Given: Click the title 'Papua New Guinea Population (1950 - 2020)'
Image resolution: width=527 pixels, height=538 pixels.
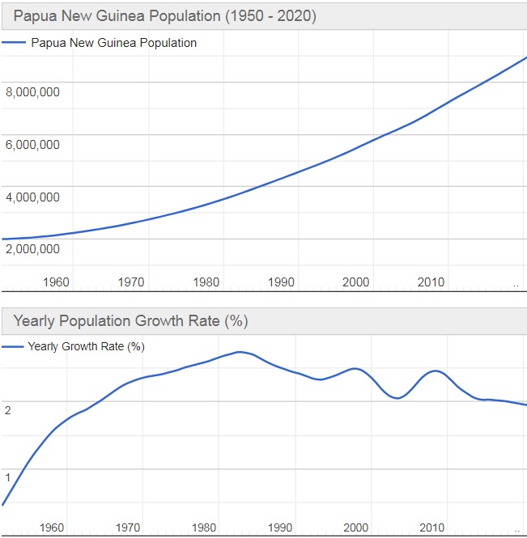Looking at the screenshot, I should (164, 15).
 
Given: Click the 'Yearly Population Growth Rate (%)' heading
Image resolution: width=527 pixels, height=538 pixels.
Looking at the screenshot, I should (130, 321).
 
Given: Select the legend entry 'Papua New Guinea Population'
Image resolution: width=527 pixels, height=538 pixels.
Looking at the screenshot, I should (113, 43).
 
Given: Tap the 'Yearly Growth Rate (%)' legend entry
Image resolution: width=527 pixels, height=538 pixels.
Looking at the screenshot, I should (86, 346).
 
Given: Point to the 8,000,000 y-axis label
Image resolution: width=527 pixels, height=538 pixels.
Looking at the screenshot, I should (32, 92).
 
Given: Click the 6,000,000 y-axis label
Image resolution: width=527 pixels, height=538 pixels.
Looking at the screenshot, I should (32, 145).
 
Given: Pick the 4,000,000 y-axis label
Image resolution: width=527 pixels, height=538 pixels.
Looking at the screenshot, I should (32, 197).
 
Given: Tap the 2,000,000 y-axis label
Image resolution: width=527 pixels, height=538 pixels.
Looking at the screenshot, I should (32, 249).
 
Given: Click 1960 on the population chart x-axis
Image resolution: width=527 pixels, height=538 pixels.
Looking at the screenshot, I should (57, 282).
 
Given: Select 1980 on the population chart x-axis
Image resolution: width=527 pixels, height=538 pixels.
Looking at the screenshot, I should (206, 282).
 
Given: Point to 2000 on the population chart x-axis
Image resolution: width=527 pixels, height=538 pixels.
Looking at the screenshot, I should (356, 282).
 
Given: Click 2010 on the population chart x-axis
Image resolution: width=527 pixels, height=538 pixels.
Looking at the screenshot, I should (431, 282).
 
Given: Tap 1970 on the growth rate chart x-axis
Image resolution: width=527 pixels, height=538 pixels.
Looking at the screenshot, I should (128, 527).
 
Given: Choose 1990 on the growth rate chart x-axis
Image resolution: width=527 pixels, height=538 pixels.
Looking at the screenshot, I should (280, 527).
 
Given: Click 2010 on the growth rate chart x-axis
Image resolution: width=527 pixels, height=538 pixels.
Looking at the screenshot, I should (431, 527).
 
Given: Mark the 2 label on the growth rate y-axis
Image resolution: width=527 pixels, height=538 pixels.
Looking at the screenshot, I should (8, 410).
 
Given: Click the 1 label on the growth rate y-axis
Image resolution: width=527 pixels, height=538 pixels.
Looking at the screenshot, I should (8, 477).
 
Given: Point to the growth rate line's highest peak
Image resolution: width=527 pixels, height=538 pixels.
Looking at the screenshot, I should (239, 352).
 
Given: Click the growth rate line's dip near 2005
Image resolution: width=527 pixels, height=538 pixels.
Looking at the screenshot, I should (397, 398).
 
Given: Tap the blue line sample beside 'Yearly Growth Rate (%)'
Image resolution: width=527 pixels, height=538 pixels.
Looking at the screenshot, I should (13, 346).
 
